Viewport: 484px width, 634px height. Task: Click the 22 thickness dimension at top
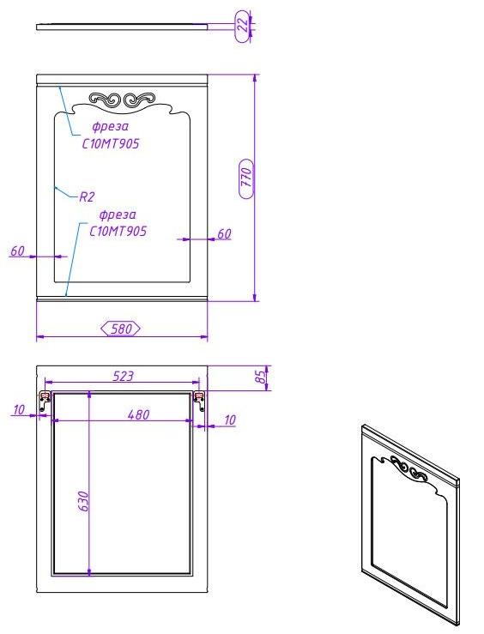[x=243, y=25]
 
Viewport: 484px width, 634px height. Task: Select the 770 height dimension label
[x=246, y=178]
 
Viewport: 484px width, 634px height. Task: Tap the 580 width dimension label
[x=121, y=329]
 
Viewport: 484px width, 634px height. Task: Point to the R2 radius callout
[x=87, y=197]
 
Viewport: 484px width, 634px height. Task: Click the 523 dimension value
[x=123, y=376]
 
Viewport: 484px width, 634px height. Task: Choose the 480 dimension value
[x=138, y=414]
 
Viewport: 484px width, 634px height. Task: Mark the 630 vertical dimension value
[x=82, y=501]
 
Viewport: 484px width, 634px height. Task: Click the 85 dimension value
[x=262, y=377]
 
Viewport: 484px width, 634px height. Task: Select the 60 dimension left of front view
[x=17, y=251]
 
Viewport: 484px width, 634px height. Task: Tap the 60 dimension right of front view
[x=224, y=233]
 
